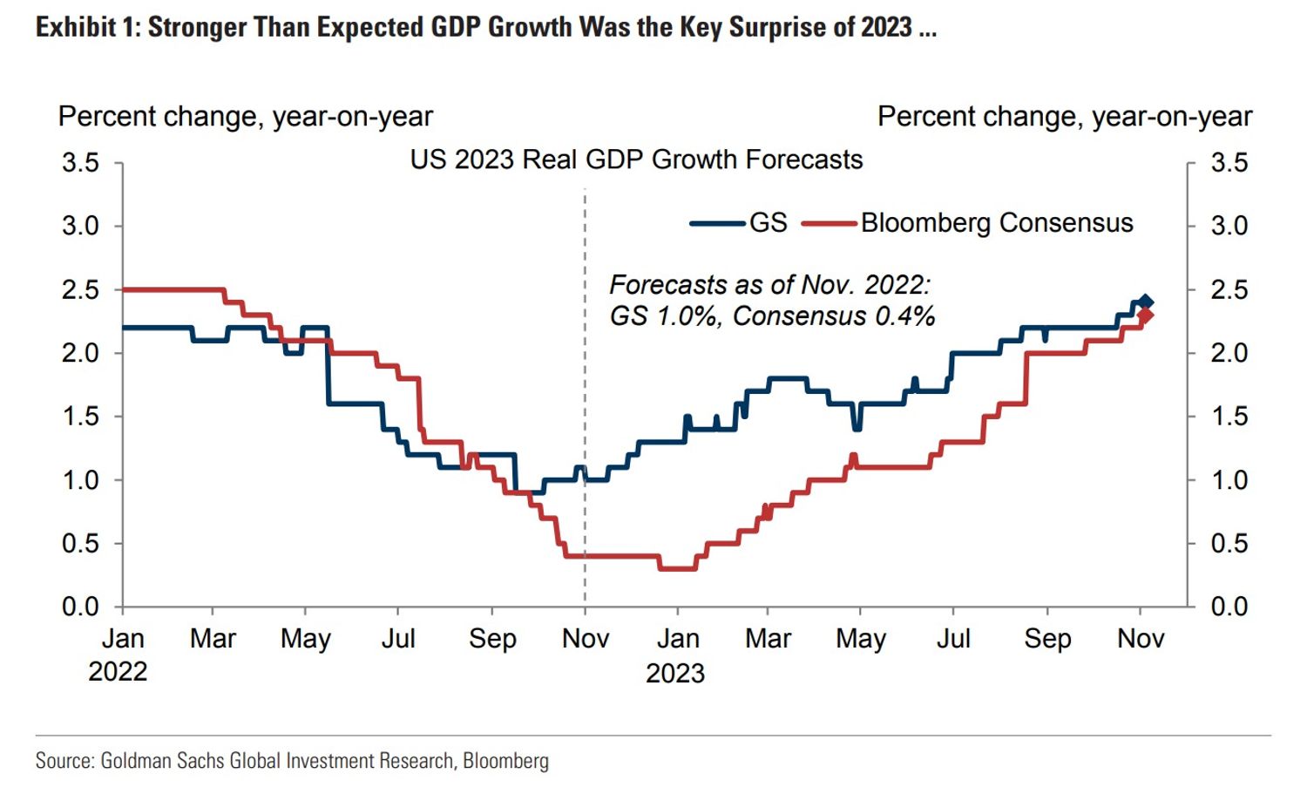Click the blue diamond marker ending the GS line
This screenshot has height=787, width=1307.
click(x=1146, y=302)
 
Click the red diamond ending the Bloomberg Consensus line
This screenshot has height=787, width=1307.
click(x=1146, y=315)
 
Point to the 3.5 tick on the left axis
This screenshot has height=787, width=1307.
click(x=80, y=163)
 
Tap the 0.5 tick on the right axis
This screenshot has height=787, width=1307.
click(x=1229, y=543)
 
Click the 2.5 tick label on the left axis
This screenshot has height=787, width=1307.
click(x=80, y=289)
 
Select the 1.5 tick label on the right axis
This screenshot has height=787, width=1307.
click(x=1229, y=417)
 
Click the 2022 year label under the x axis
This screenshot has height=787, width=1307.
click(x=118, y=672)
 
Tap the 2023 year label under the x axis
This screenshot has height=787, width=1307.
click(x=675, y=673)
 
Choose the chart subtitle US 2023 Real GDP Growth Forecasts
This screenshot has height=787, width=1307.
click(x=636, y=159)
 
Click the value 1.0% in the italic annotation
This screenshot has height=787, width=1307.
click(x=688, y=315)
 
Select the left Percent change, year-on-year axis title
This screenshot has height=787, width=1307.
click(x=245, y=117)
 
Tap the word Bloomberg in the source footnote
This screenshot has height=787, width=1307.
click(x=505, y=761)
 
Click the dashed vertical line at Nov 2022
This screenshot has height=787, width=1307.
click(x=585, y=392)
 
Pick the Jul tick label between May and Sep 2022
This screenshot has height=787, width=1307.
click(x=398, y=639)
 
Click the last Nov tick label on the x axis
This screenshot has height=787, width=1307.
click(x=1141, y=639)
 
